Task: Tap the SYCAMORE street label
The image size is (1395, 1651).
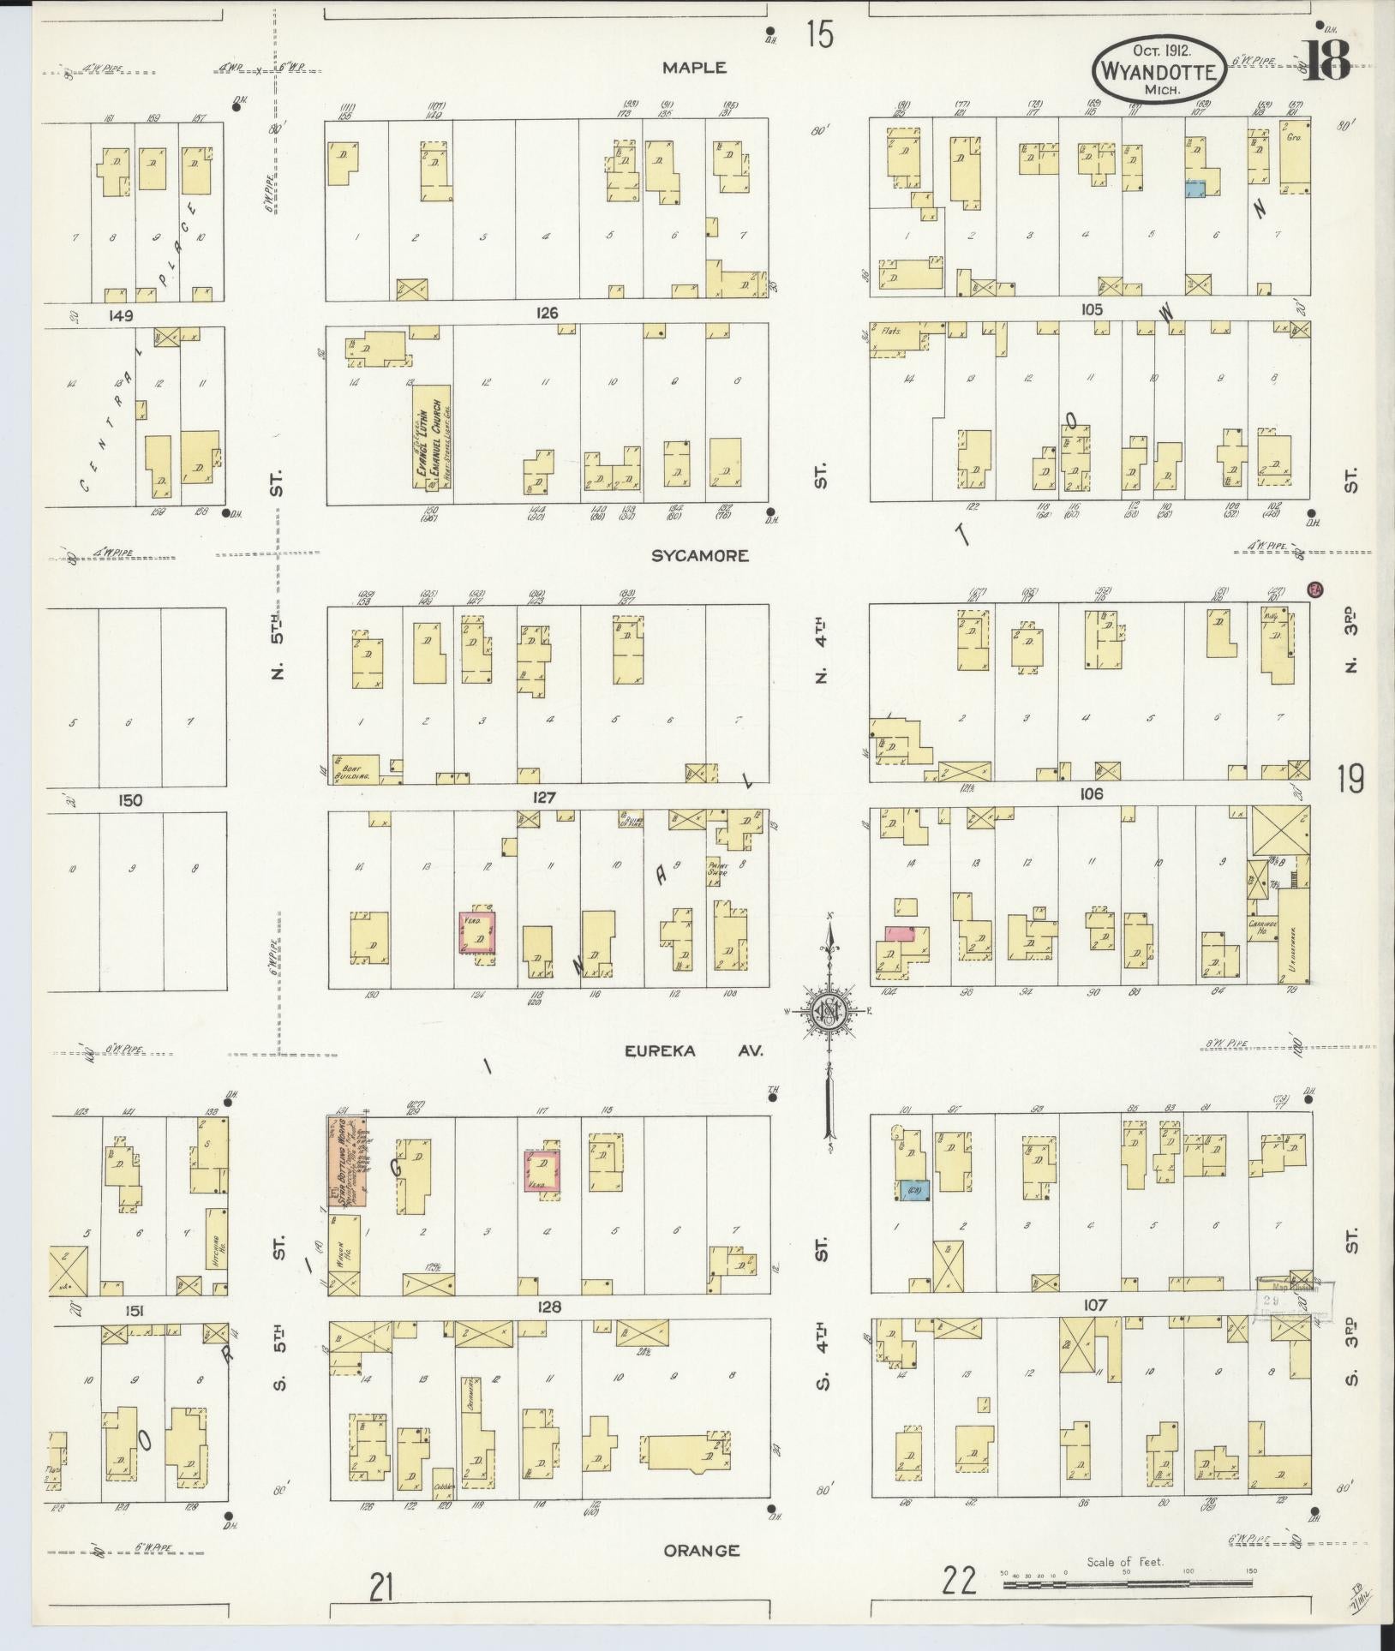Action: coord(699,556)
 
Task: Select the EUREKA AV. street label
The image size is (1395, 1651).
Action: coord(706,1051)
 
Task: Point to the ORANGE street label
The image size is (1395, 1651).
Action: coord(702,1550)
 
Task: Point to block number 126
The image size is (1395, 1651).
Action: coord(547,313)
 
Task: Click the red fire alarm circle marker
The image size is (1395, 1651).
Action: coord(1314,589)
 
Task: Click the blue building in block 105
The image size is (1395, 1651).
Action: coord(1194,190)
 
